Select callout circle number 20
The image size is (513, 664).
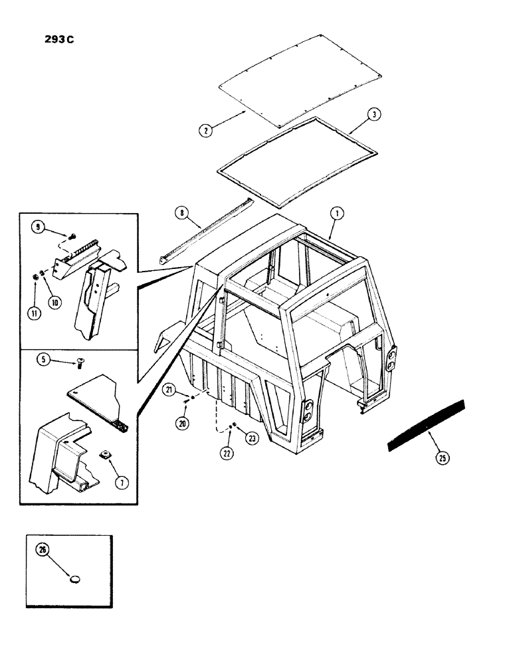pyautogui.click(x=183, y=423)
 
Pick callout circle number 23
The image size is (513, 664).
pyautogui.click(x=252, y=438)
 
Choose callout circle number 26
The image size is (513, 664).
pyautogui.click(x=45, y=551)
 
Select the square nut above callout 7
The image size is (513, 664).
pyautogui.click(x=105, y=456)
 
